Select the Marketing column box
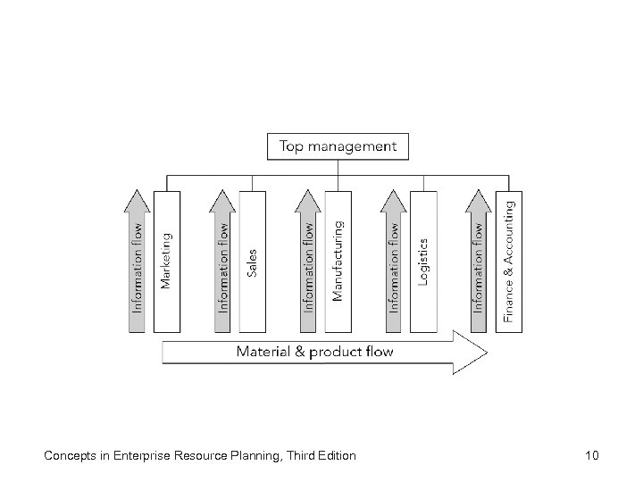point(166,261)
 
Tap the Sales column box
point(252,261)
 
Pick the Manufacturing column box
point(338,261)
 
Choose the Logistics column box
point(423,261)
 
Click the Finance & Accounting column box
point(509,261)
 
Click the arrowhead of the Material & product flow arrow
point(471,352)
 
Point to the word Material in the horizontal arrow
point(263,352)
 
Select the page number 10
point(591,456)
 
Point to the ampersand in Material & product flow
point(300,352)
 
